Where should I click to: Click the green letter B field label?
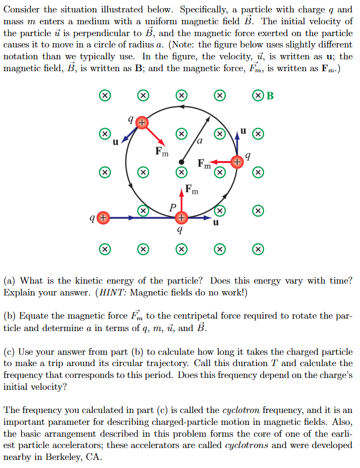tap(270, 96)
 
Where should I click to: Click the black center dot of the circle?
tap(182, 161)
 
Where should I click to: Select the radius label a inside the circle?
tap(199, 142)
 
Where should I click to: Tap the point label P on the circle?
tap(172, 208)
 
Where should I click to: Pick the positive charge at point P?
tap(182, 218)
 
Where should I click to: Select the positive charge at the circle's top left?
tap(141, 122)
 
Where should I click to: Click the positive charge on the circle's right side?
tap(236, 161)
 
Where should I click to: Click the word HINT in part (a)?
tap(109, 292)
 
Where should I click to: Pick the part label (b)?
tap(10, 315)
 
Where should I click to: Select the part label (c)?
tap(10, 351)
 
